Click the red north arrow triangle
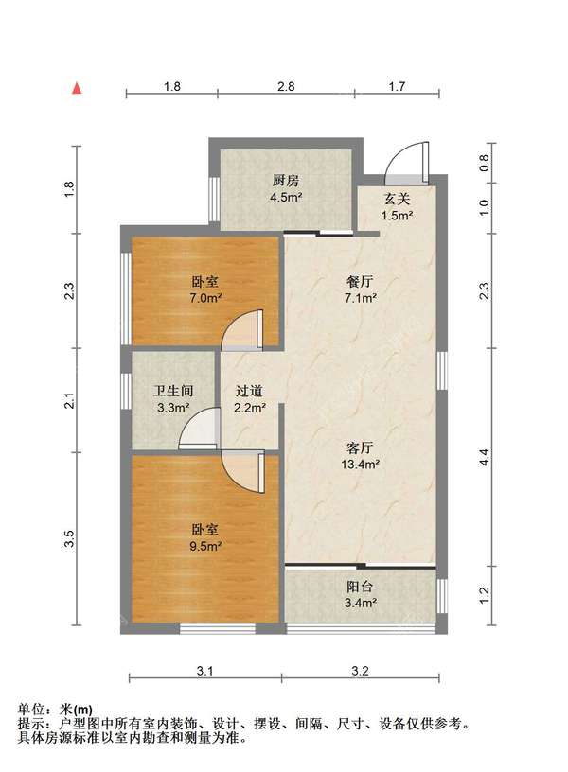point(77,88)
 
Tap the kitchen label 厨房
point(286,181)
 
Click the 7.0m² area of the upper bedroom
point(204,298)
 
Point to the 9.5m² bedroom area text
point(204,546)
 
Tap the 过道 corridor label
point(249,391)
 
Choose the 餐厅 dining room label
point(360,282)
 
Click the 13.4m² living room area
point(360,464)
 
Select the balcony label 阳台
point(360,587)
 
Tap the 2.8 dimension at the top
point(286,87)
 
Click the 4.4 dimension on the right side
point(485,457)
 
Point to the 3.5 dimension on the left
point(70,538)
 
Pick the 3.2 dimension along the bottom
point(360,671)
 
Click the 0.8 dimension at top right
point(485,162)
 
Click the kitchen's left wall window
point(214,200)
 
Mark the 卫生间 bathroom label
point(173,391)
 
